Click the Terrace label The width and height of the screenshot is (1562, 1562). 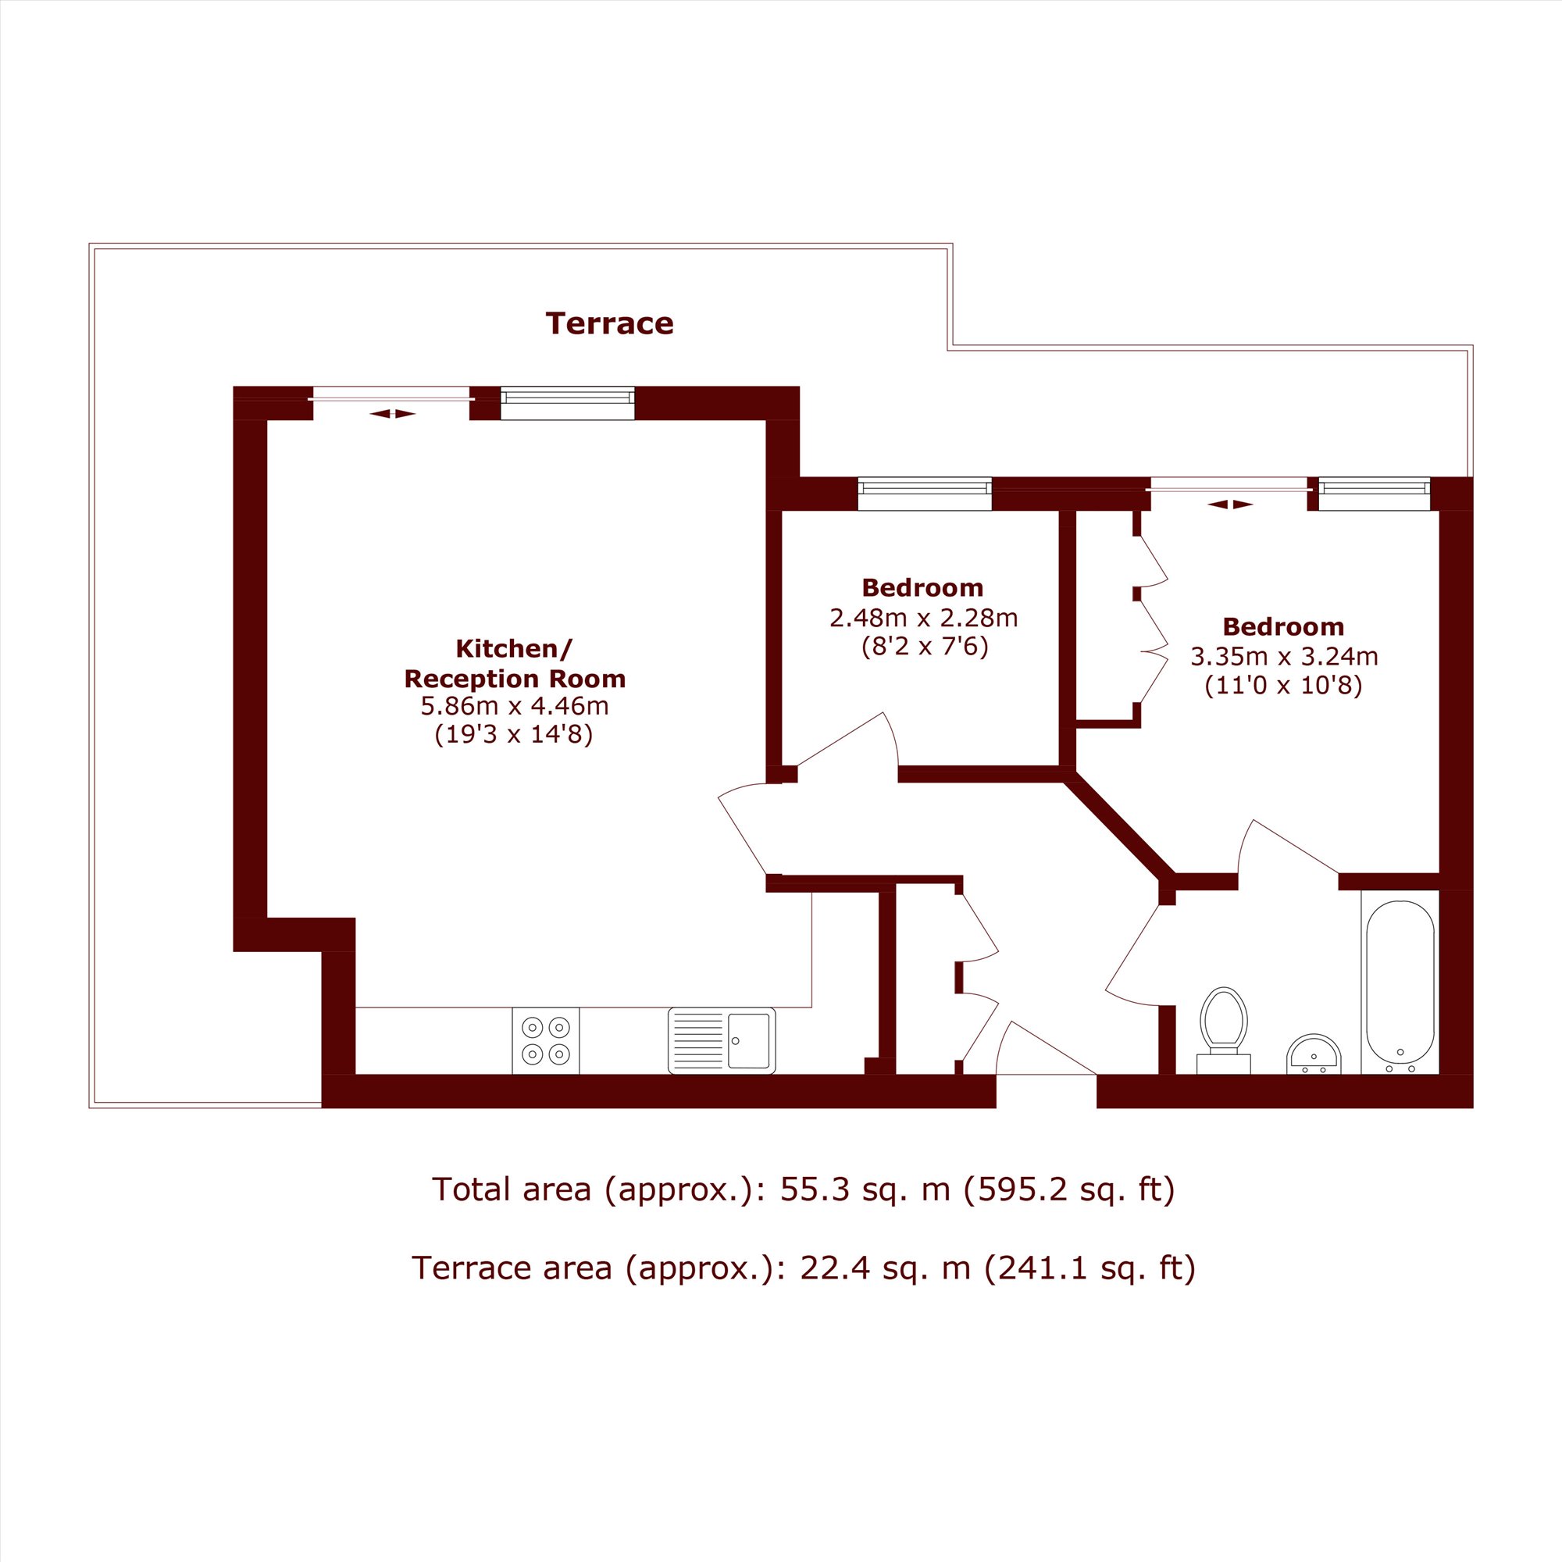point(610,323)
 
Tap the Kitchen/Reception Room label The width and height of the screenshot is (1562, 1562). point(515,663)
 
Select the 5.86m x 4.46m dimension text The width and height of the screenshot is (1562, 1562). point(514,706)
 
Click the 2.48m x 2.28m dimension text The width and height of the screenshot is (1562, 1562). point(923,618)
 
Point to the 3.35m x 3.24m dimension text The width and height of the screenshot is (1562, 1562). point(1284,656)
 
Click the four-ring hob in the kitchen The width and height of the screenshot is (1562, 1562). point(546,1040)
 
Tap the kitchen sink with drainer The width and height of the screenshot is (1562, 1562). point(722,1040)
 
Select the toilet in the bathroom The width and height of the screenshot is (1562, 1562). point(1224,1030)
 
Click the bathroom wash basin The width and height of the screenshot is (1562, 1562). point(1314,1054)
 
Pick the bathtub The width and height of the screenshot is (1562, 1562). point(1400,983)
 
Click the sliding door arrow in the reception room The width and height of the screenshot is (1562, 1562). point(393,414)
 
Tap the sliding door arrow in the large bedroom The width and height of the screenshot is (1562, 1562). point(1231,505)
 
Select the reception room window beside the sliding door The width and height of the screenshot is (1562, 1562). point(568,403)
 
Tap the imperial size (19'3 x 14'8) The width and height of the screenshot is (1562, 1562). point(514,734)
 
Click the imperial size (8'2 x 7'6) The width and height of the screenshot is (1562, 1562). point(925,646)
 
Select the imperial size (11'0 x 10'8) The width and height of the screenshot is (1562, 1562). point(1284,685)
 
